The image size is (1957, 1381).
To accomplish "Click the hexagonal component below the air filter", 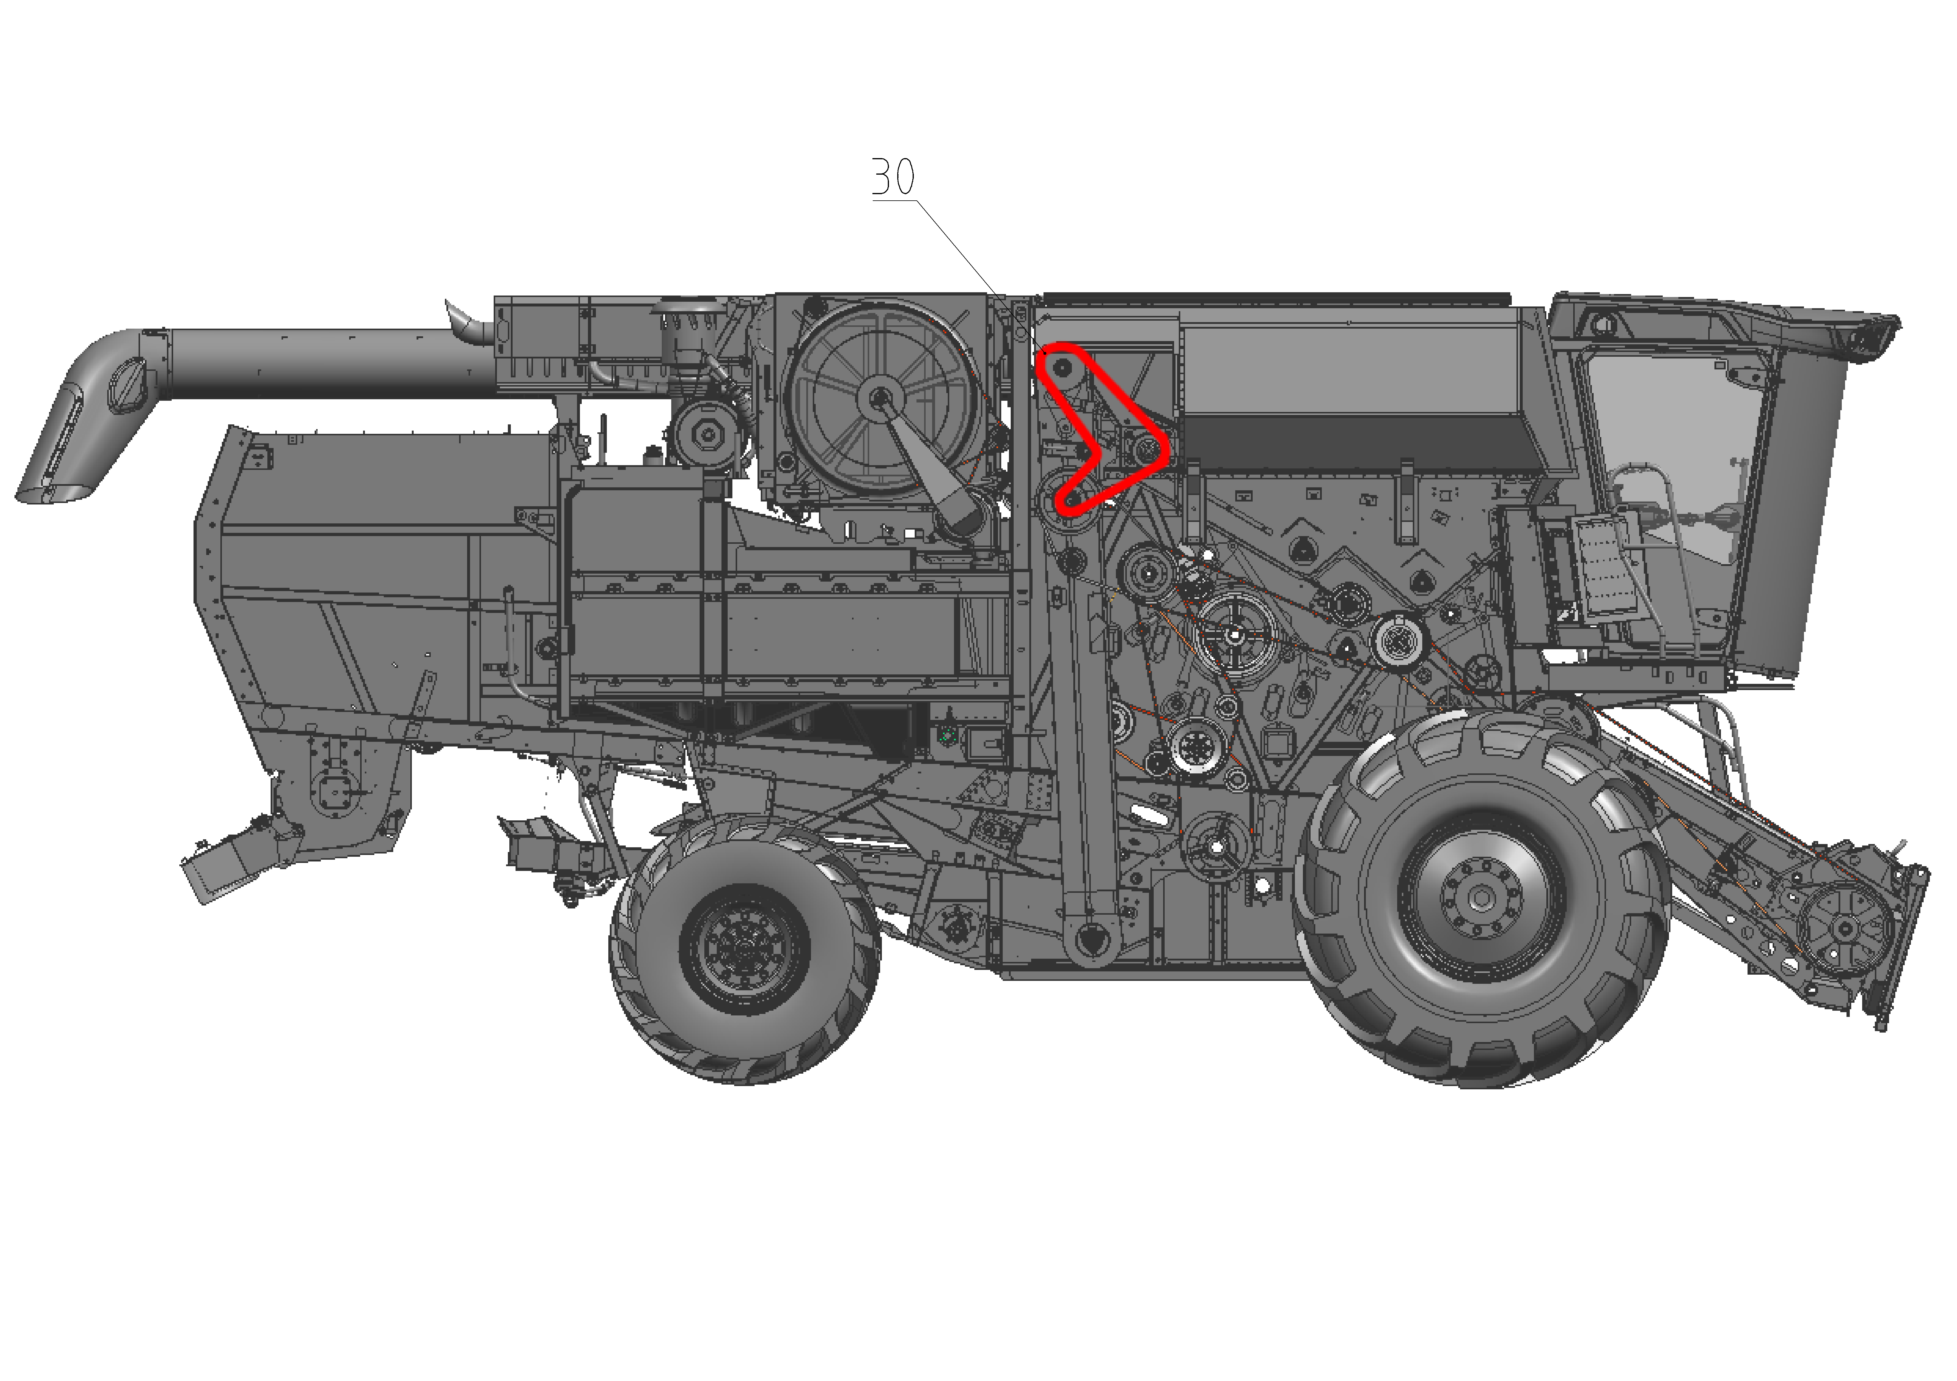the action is pos(707,434).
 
